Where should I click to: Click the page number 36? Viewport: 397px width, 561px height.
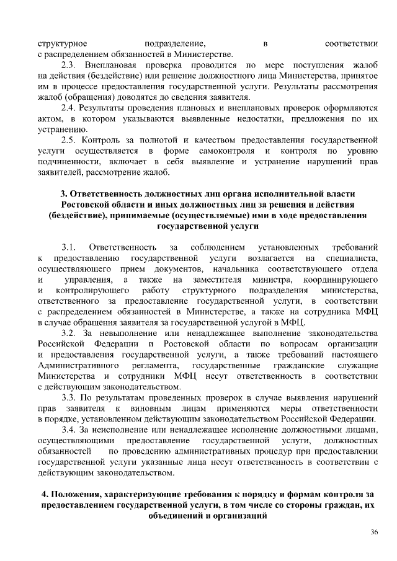(x=374, y=532)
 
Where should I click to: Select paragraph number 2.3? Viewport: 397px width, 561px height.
(x=68, y=65)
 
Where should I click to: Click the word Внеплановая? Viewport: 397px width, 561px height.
(x=109, y=65)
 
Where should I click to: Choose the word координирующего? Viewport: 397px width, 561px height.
(x=344, y=280)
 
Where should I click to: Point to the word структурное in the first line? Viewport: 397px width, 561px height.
(x=63, y=43)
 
